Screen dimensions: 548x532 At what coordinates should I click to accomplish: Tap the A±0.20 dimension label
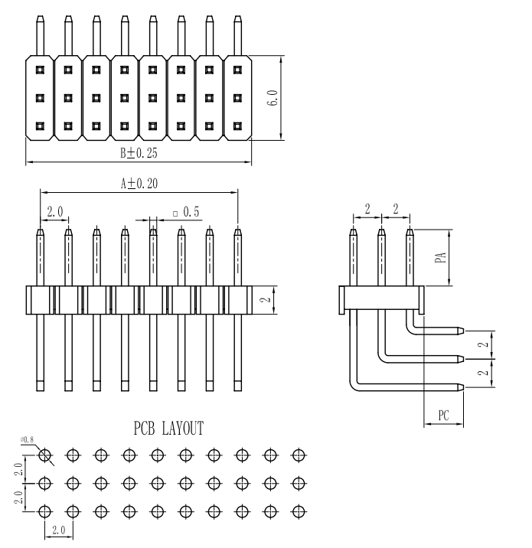point(139,184)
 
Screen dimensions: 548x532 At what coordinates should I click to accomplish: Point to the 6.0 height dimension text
point(273,97)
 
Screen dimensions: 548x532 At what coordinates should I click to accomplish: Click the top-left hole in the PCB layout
point(44,455)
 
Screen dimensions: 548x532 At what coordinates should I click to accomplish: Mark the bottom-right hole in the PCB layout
point(298,511)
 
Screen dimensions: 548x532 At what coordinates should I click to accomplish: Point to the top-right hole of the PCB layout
point(298,455)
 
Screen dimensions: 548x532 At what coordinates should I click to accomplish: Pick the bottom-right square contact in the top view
point(237,126)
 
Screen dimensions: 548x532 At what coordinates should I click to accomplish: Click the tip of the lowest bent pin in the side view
point(460,387)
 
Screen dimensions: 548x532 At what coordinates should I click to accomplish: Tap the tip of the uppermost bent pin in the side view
point(460,331)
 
